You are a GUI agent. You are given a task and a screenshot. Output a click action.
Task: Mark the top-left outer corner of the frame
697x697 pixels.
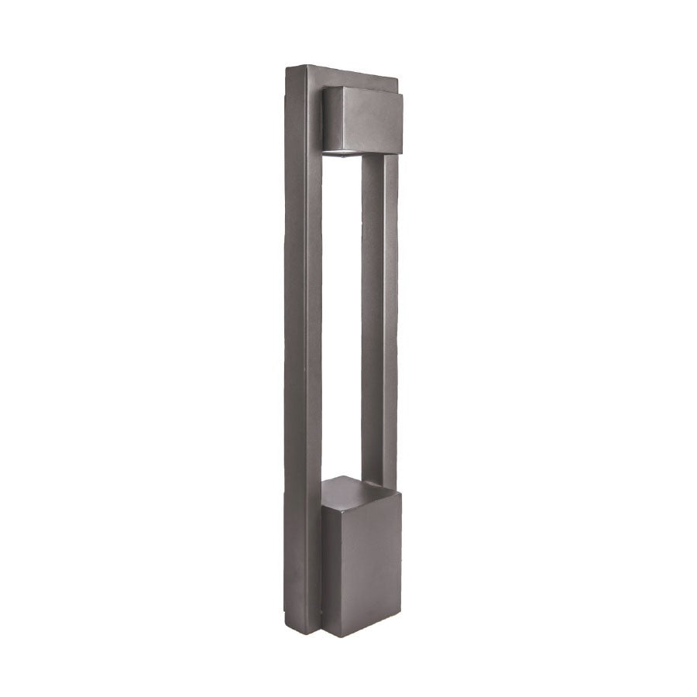[x=287, y=67]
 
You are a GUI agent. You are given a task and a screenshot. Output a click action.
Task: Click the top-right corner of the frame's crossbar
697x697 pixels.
[x=400, y=80]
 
